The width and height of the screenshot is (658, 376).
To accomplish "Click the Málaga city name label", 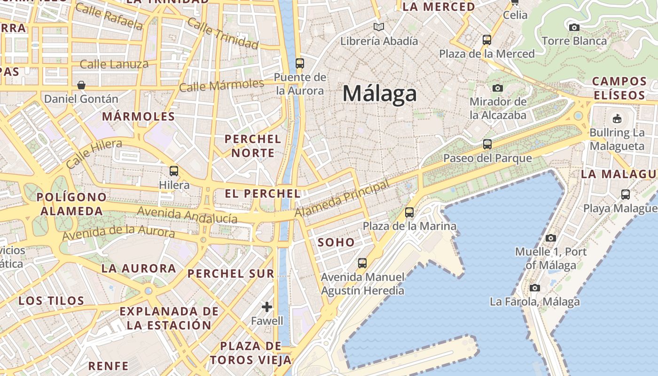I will click(x=379, y=94).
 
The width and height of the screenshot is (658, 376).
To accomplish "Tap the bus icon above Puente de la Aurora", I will click(x=299, y=63).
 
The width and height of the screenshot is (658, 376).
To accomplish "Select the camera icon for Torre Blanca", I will click(x=574, y=28).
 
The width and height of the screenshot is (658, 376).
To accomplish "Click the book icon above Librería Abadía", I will click(x=378, y=27).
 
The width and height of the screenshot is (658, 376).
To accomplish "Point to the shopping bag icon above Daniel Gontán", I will click(x=81, y=85).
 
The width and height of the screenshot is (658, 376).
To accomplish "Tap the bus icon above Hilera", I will click(x=174, y=171).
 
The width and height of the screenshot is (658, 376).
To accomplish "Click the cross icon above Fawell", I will click(x=267, y=307).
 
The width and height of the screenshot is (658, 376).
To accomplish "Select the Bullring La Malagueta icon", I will click(x=617, y=118).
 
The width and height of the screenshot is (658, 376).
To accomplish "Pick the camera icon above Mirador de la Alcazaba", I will click(x=498, y=88).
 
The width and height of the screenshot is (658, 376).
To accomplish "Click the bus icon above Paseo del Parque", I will click(x=487, y=144).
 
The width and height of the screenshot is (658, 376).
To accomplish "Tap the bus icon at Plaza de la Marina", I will click(x=409, y=212).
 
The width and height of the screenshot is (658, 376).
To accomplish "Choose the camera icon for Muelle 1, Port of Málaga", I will click(x=551, y=238).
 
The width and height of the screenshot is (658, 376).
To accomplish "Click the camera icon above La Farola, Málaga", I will click(x=534, y=288).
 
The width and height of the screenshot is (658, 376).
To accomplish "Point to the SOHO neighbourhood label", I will click(x=336, y=243).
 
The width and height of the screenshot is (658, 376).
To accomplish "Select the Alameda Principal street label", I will click(x=342, y=199).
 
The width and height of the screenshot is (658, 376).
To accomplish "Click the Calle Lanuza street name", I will click(x=114, y=64).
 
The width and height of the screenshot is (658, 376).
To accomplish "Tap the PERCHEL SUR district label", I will click(x=231, y=273).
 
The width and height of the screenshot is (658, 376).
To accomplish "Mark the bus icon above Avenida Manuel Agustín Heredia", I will click(x=362, y=263).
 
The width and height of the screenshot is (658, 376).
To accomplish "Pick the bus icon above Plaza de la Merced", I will click(x=487, y=40).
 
